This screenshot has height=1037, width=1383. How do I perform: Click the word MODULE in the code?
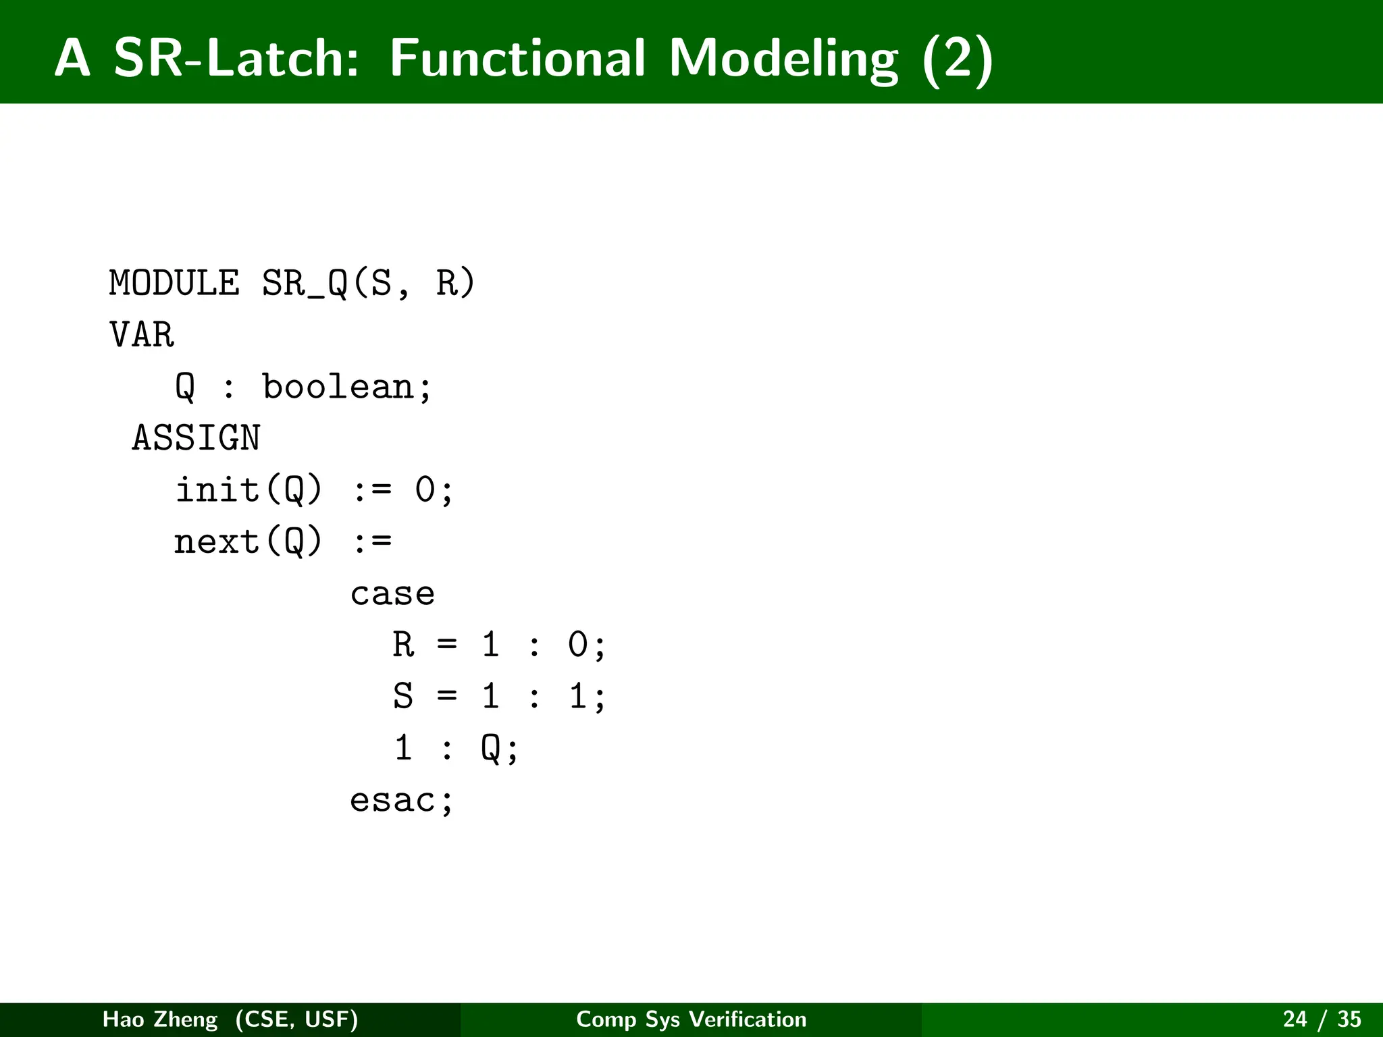(174, 283)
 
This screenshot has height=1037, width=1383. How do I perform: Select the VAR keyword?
(142, 335)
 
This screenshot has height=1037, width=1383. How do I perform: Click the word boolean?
(338, 387)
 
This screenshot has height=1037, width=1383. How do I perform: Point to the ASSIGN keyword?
(196, 438)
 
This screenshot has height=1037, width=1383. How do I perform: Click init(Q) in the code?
(249, 489)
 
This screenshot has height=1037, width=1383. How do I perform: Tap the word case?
(392, 594)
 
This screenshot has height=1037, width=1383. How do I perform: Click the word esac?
(392, 801)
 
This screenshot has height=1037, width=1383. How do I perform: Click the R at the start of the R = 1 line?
(403, 645)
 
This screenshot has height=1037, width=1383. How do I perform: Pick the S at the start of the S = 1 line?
(403, 696)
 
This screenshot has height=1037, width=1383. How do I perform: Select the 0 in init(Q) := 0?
(425, 489)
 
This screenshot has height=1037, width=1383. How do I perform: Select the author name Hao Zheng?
(160, 1019)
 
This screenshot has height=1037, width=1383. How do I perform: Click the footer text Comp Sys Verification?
(691, 1019)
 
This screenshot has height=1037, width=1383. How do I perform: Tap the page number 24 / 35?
(1322, 1019)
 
